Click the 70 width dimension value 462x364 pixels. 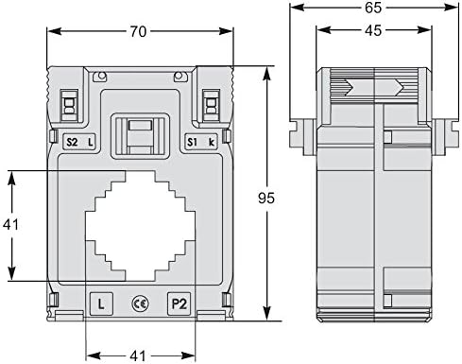139,31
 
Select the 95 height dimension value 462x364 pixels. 266,198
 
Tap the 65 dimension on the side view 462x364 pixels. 373,8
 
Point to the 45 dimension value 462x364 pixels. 373,30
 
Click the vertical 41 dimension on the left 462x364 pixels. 11,225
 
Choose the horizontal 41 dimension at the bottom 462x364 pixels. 138,356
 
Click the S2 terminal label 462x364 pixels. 72,143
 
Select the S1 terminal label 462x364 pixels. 192,143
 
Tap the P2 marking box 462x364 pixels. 180,303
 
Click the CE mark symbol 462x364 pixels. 140,303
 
